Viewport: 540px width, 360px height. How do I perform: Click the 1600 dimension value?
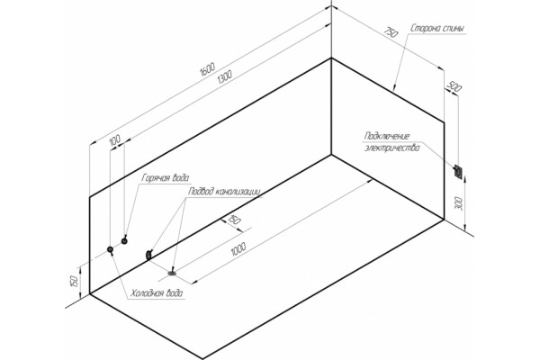tap(207, 68)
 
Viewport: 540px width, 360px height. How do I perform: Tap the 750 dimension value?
tap(391, 31)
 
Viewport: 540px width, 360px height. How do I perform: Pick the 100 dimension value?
tap(114, 140)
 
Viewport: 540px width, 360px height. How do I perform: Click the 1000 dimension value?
tap(238, 249)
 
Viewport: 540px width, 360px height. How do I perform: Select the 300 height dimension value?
tap(458, 203)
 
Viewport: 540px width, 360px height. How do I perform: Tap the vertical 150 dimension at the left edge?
tap(74, 281)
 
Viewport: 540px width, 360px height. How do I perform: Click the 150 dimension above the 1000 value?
tap(234, 220)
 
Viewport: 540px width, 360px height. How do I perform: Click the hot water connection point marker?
tap(124, 241)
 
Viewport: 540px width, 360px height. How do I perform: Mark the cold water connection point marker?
tap(110, 249)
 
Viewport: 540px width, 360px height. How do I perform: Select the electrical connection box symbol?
tap(458, 171)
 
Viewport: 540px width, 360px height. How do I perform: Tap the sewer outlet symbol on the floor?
tap(172, 274)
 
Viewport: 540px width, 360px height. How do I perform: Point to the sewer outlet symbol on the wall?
tap(148, 255)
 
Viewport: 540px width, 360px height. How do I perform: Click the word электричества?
tap(392, 148)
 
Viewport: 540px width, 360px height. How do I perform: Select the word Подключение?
tap(387, 137)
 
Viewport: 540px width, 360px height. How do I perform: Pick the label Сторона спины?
tap(437, 29)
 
